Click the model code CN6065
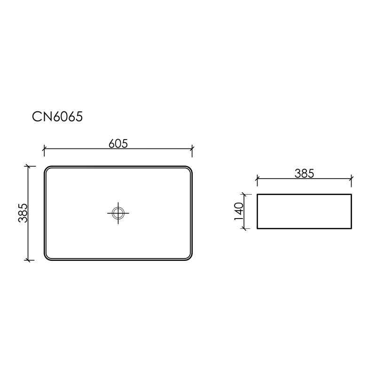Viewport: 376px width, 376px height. click(x=57, y=117)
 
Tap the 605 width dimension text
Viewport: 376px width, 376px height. click(x=118, y=143)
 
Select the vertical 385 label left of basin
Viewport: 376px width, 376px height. click(x=23, y=212)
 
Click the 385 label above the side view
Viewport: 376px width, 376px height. click(x=304, y=173)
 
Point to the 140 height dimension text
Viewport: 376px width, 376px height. click(x=238, y=211)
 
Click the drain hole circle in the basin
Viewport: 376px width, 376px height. click(x=118, y=213)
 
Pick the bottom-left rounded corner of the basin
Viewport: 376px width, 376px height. click(x=47, y=257)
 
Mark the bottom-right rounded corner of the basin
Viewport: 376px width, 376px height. click(x=189, y=257)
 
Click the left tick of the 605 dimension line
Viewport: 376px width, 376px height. click(x=44, y=150)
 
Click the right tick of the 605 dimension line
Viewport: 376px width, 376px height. click(x=192, y=150)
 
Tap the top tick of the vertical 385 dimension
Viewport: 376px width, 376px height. click(x=29, y=165)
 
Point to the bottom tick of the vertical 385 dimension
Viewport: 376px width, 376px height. click(x=29, y=259)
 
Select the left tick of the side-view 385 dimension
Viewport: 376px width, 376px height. click(x=257, y=179)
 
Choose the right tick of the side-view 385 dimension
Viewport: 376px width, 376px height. click(x=352, y=179)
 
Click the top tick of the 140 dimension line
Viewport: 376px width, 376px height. click(x=244, y=194)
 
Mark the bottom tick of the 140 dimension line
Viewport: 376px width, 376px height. click(x=244, y=228)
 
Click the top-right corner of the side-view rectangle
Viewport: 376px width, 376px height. click(x=352, y=194)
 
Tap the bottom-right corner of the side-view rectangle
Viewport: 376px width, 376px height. click(x=352, y=228)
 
